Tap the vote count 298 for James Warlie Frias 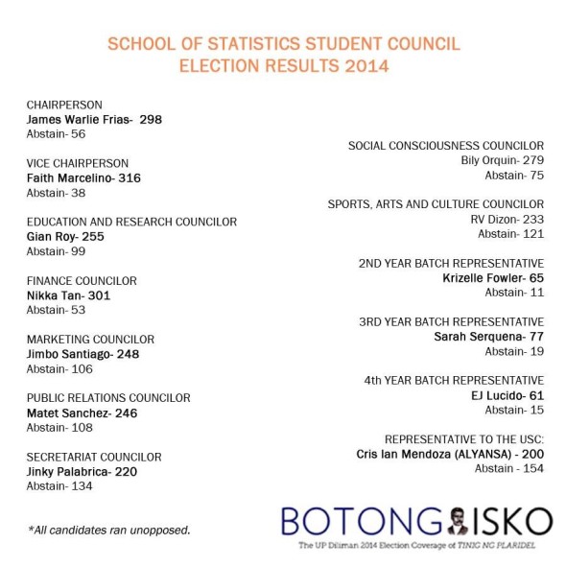(151, 119)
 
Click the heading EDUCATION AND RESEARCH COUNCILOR (131, 222)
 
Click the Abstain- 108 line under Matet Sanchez (59, 428)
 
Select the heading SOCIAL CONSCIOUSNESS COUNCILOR (445, 146)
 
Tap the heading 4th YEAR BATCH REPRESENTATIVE (454, 381)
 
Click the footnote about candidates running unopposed (108, 529)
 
